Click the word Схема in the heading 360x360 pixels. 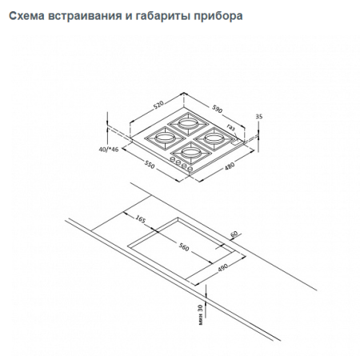(x=28, y=15)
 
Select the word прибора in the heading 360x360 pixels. (x=215, y=15)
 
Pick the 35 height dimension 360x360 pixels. (x=258, y=117)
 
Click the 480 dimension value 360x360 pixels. (x=228, y=166)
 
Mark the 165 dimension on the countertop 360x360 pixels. (x=140, y=218)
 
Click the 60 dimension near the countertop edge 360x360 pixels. (x=234, y=234)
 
